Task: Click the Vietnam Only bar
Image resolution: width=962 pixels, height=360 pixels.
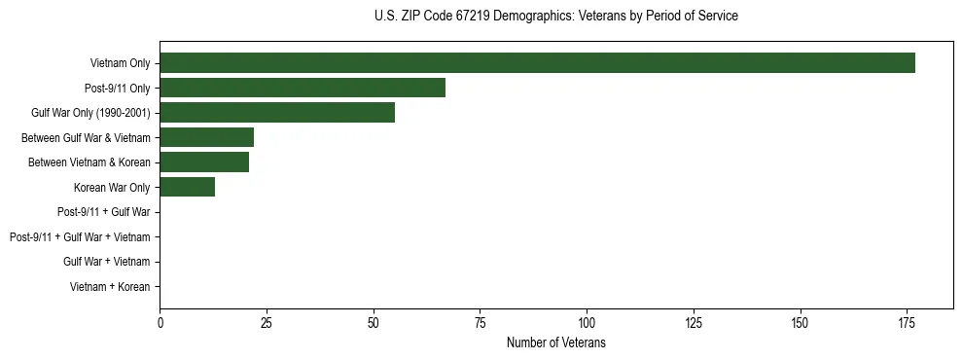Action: click(x=537, y=63)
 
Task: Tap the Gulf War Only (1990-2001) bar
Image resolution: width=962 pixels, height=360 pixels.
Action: click(x=277, y=113)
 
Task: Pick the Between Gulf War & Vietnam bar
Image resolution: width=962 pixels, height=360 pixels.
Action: click(x=206, y=137)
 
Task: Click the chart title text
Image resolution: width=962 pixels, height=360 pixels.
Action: click(x=555, y=17)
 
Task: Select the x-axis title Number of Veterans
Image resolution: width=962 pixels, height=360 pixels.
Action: click(x=555, y=342)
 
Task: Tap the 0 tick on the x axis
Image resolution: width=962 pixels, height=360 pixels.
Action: click(x=160, y=321)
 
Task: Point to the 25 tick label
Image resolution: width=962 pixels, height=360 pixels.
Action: click(x=267, y=321)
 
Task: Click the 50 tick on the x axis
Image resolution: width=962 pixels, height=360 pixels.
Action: click(x=374, y=321)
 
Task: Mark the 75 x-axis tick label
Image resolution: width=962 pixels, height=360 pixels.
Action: click(x=480, y=321)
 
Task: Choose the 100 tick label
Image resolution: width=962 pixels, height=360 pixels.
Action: click(x=587, y=321)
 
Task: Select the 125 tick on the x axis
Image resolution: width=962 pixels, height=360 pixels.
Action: click(x=694, y=321)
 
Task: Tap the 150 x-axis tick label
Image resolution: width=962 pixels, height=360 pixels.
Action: click(x=800, y=321)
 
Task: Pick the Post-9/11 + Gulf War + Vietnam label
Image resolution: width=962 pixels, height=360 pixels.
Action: click(x=80, y=236)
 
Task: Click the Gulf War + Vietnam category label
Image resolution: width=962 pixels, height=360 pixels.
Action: click(x=106, y=262)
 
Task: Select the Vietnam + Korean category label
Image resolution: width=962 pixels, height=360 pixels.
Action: click(x=110, y=287)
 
